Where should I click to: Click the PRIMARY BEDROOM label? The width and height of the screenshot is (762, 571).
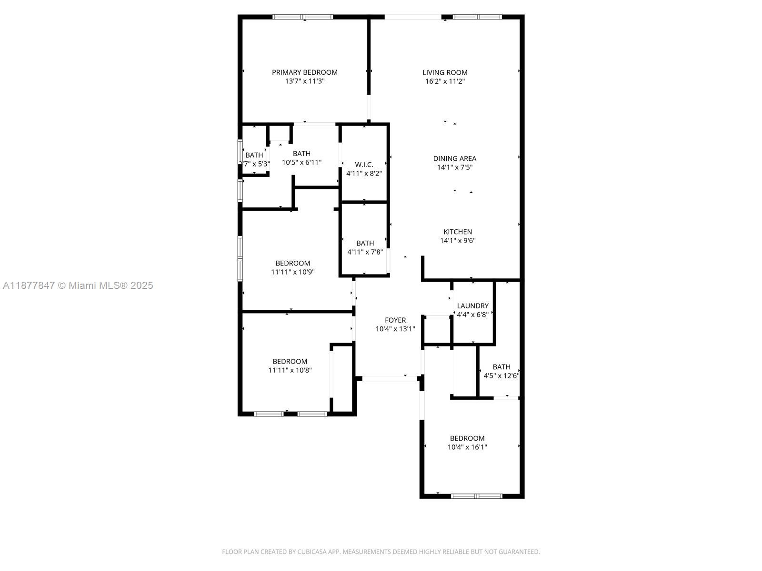tap(305, 72)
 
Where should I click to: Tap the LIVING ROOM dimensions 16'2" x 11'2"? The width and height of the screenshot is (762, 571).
tap(445, 81)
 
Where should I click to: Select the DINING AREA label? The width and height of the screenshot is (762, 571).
tap(454, 158)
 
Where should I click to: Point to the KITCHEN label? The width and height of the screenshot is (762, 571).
tap(458, 232)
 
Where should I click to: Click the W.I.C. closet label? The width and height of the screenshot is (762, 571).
tap(364, 165)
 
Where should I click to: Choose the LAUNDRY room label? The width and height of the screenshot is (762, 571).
tap(472, 306)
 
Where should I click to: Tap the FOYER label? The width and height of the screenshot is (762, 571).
tap(395, 320)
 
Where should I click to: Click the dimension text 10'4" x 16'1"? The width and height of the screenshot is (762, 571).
tap(467, 447)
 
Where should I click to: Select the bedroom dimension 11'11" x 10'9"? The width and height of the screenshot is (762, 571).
tap(292, 272)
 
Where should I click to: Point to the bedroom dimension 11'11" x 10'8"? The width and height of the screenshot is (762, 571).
tap(290, 370)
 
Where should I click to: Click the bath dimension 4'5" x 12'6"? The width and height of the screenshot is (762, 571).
tap(501, 376)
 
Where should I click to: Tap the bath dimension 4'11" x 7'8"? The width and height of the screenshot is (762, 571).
tap(365, 252)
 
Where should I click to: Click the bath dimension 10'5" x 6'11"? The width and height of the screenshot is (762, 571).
tap(301, 162)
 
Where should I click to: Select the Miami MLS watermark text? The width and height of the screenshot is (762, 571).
tap(78, 285)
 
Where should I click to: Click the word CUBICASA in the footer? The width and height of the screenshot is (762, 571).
tap(311, 552)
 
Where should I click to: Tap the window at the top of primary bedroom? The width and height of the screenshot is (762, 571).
tap(303, 17)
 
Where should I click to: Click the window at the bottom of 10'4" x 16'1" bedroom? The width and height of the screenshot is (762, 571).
tap(476, 496)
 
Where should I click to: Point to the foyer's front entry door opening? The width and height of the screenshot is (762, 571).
tap(390, 379)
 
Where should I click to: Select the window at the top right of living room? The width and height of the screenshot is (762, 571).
tap(477, 17)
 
